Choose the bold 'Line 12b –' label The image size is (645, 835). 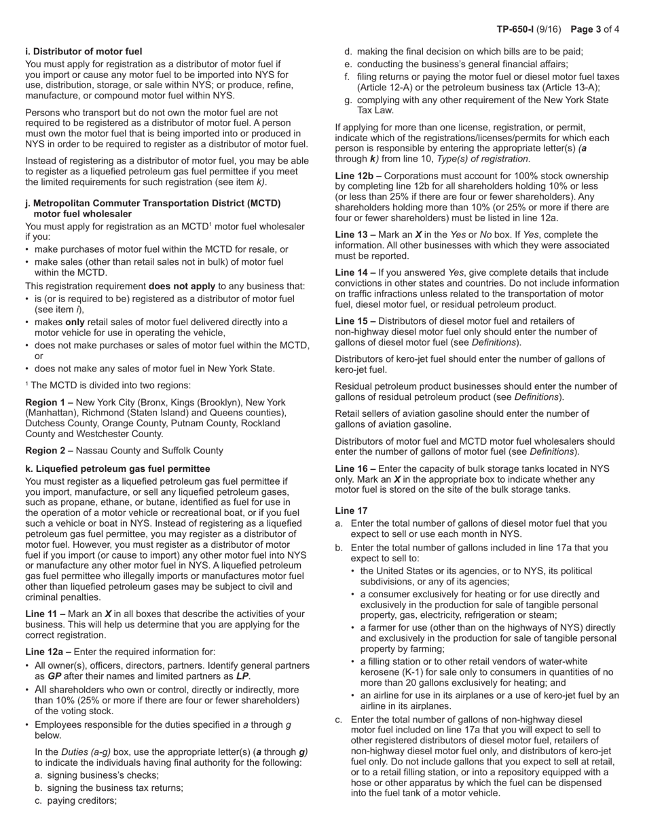point(361,176)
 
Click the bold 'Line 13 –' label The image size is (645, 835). point(358,234)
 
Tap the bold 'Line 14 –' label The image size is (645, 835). point(358,272)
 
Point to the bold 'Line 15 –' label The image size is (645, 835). point(358,321)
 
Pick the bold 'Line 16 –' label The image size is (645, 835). point(358,468)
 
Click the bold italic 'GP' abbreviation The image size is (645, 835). point(54,676)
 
